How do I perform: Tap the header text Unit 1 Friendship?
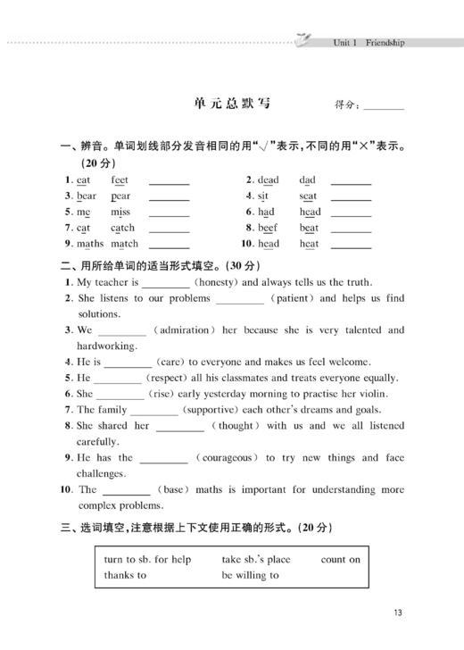click(368, 42)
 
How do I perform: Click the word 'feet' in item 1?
click(120, 179)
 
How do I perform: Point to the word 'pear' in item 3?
click(120, 196)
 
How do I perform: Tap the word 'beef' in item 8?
click(268, 228)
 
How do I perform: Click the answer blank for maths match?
click(169, 245)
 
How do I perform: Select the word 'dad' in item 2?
click(308, 179)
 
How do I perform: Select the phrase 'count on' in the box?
click(341, 560)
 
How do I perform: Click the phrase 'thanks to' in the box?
click(125, 576)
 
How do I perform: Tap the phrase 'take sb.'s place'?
click(255, 560)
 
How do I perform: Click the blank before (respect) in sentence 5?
click(118, 379)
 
